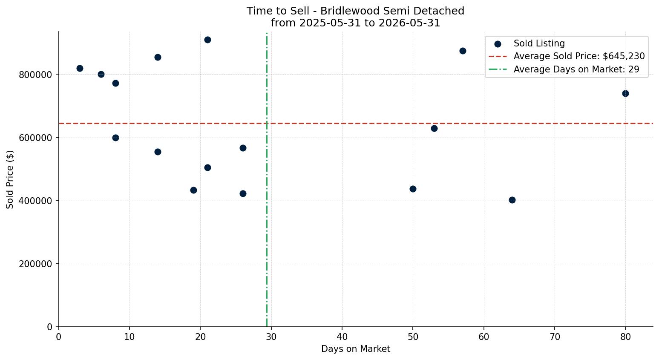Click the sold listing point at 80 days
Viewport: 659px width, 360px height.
(625, 94)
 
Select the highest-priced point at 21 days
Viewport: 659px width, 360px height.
(207, 40)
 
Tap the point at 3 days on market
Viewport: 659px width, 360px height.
(80, 68)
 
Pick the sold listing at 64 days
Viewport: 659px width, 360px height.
(512, 200)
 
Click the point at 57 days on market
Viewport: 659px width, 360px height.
(463, 51)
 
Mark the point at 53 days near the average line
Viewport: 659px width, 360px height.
(434, 128)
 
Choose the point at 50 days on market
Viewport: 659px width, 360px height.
(413, 189)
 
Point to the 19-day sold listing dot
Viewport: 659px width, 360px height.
(193, 190)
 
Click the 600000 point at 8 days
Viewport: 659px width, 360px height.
(115, 138)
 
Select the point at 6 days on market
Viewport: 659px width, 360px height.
(101, 74)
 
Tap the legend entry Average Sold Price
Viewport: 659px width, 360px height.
(567, 56)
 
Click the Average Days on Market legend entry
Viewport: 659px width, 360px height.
(564, 69)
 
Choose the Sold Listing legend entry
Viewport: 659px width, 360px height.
(530, 43)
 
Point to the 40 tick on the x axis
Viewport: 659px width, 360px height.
(342, 337)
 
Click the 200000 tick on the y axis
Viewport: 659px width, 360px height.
(36, 264)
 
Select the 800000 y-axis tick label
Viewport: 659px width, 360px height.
(36, 75)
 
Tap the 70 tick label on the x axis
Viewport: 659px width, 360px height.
(555, 337)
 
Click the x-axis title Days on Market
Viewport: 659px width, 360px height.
(356, 349)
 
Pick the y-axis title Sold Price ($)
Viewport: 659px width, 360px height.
(10, 179)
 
